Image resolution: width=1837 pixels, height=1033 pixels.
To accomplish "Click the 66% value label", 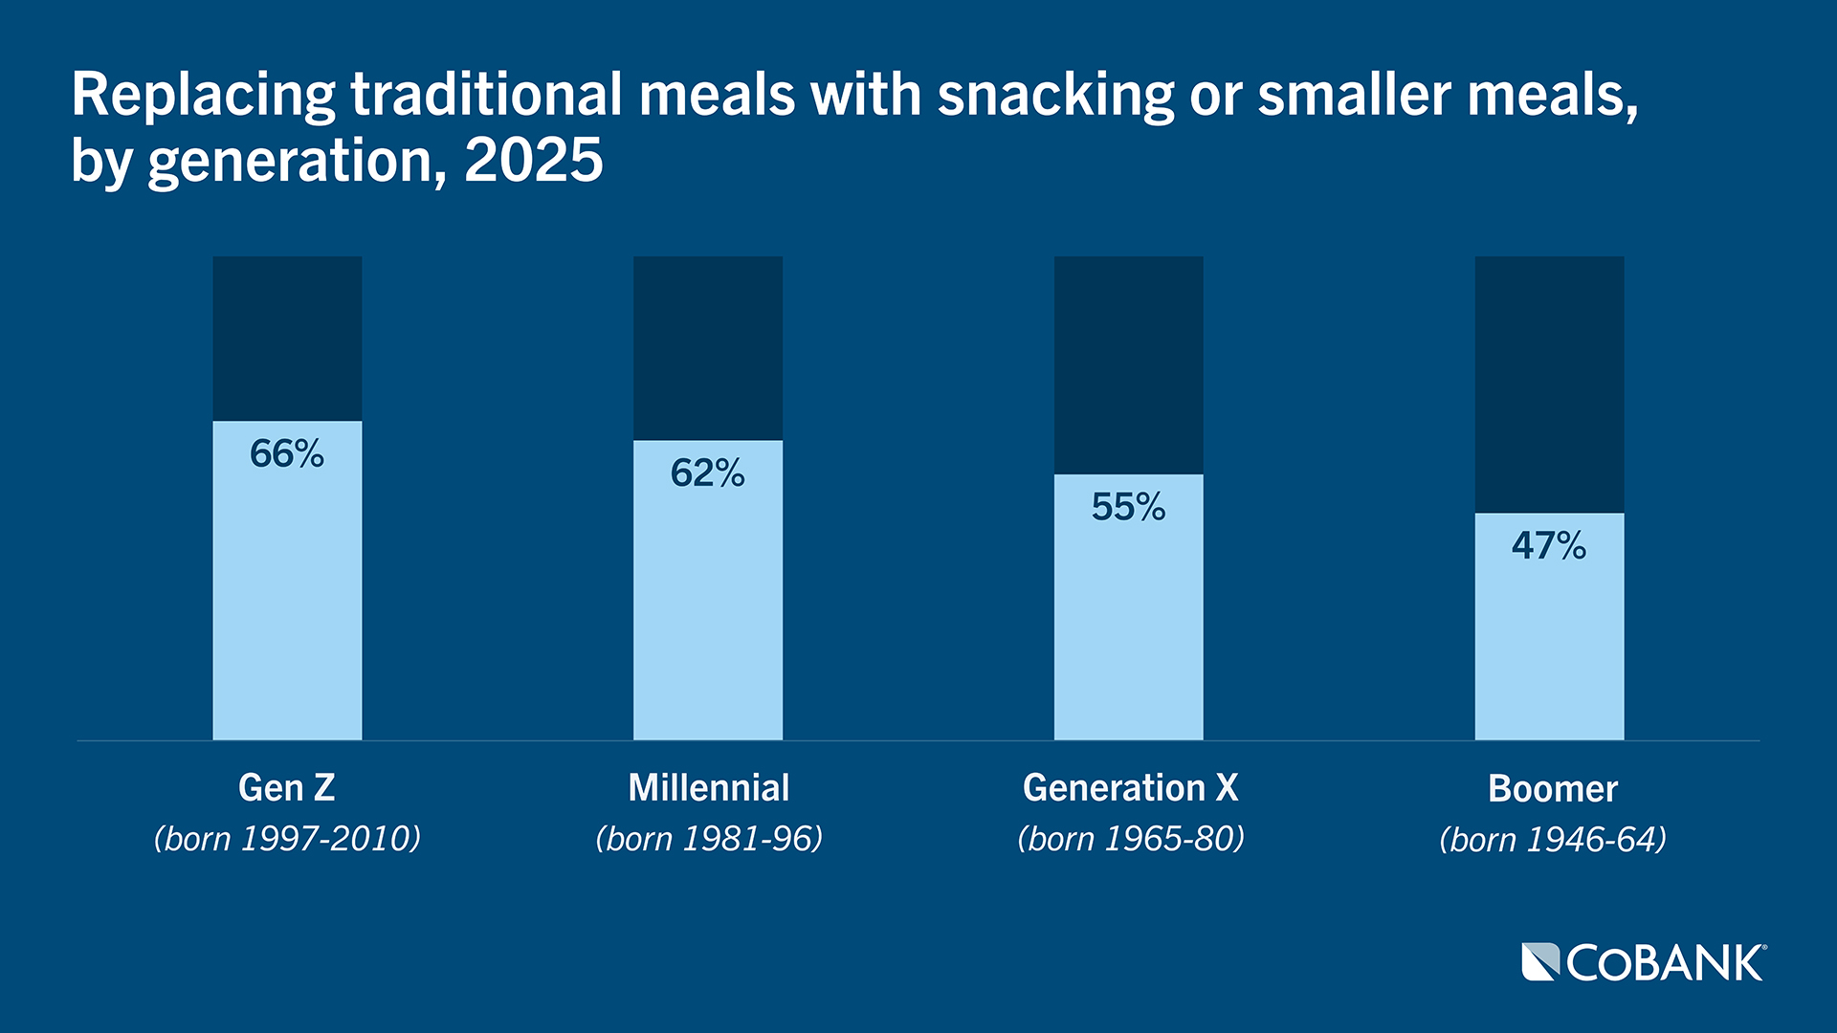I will click(287, 453).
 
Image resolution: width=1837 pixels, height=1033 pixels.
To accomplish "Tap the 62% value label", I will click(707, 473).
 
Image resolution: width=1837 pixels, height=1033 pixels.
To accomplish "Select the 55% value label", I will click(1128, 507).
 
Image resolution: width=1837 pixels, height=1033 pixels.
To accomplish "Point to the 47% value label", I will click(1548, 545).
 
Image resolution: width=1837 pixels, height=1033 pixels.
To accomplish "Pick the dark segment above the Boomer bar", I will click(1549, 383).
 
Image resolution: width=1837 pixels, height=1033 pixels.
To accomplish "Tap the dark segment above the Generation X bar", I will click(1128, 363).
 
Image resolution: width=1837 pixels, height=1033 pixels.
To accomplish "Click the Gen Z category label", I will click(287, 788).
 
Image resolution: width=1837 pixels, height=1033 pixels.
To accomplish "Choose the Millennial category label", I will click(708, 788).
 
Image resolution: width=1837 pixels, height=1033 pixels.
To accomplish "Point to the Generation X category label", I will click(1130, 788).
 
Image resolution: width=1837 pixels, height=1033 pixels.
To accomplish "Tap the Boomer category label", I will click(1552, 789).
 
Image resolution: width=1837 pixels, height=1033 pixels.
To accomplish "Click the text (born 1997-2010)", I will click(287, 839).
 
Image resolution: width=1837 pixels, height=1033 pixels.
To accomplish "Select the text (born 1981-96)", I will click(708, 839).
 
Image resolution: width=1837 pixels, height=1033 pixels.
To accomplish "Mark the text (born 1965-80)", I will click(1130, 839).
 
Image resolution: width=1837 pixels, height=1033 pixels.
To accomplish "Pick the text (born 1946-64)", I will click(1552, 840).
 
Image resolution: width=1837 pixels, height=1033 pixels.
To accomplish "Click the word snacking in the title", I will click(1055, 96).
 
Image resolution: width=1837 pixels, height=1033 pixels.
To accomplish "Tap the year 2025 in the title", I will click(534, 160).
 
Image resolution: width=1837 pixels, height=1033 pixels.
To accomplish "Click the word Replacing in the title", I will click(203, 96).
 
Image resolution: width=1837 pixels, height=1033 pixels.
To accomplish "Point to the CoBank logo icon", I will click(1539, 961).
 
